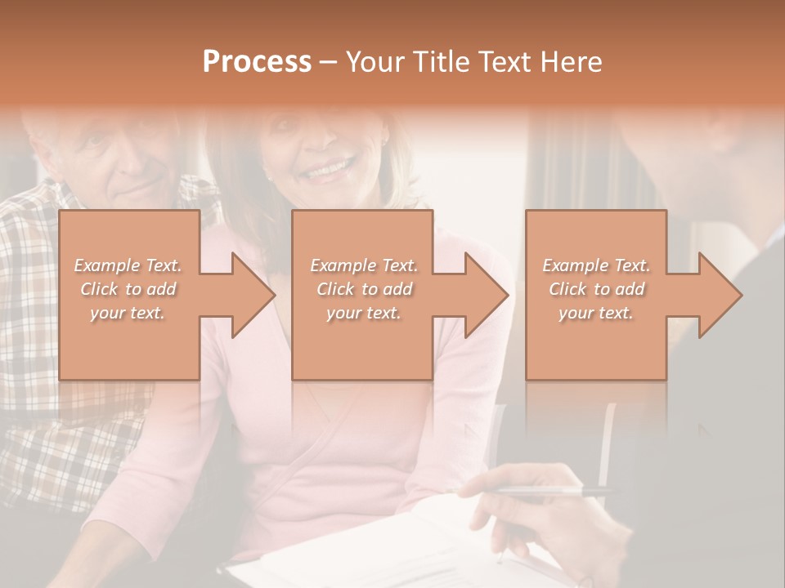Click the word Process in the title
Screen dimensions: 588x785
(257, 62)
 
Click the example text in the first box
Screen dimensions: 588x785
(128, 289)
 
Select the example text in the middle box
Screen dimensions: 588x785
(363, 289)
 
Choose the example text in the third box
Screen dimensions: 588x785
(596, 289)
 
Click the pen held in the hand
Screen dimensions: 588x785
(540, 491)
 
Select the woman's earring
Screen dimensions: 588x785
(267, 176)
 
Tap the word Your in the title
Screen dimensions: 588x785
(373, 62)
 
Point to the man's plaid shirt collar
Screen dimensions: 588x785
(196, 196)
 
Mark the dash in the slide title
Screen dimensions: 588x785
(329, 63)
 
